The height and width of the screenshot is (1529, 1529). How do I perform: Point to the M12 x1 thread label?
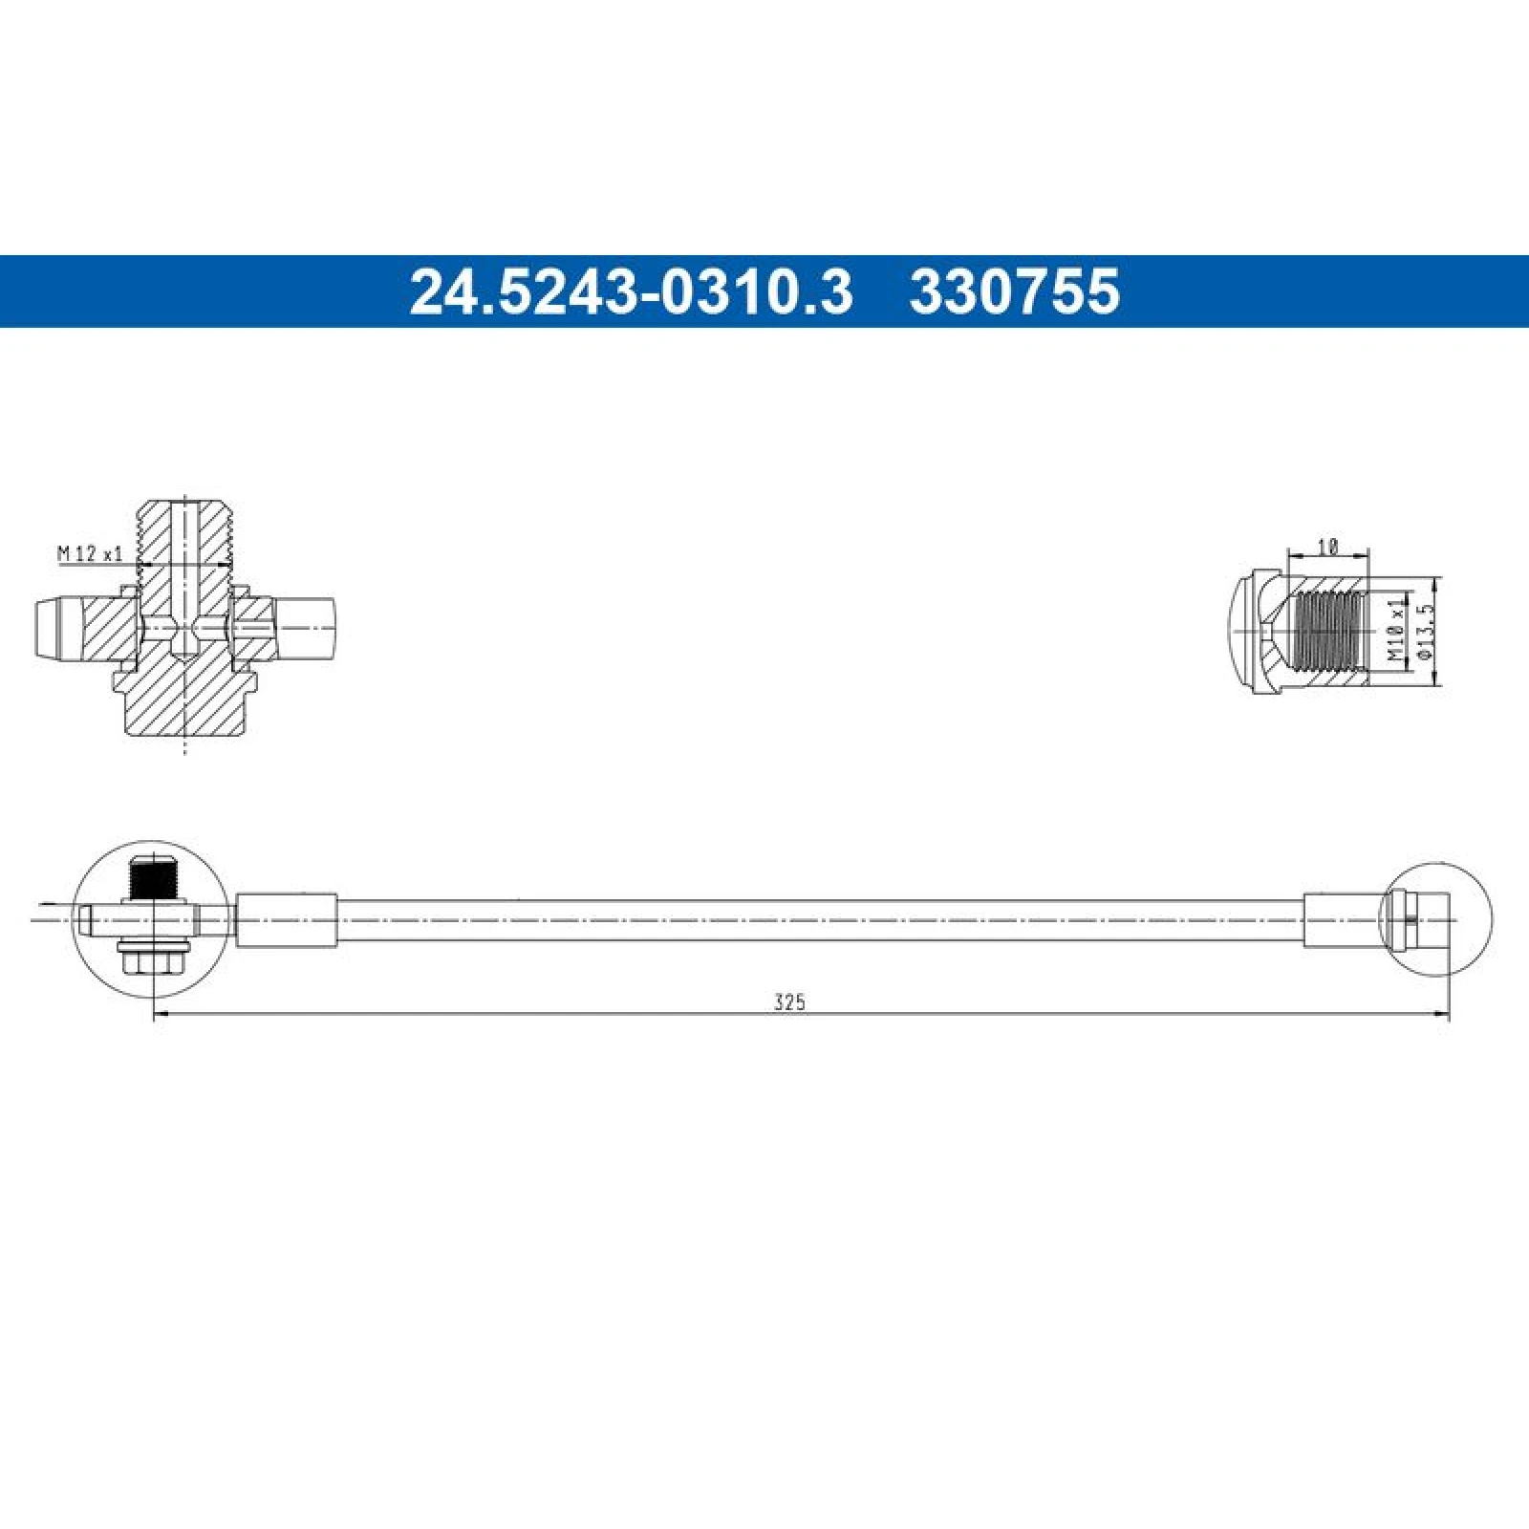[x=91, y=553]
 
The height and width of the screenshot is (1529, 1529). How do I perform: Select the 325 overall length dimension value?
[x=790, y=1002]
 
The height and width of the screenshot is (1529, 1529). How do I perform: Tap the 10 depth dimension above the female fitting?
[x=1327, y=547]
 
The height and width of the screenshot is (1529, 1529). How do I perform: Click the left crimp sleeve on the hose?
[x=287, y=919]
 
